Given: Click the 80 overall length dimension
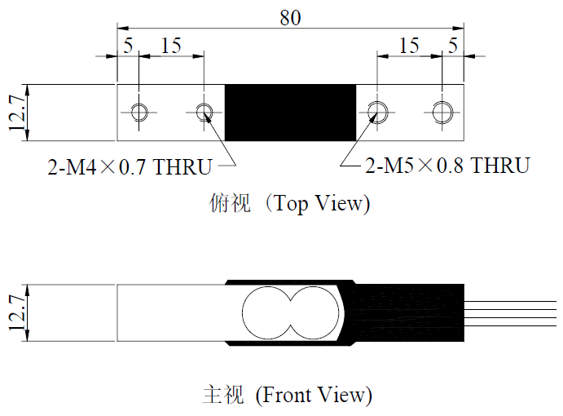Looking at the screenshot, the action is [290, 18].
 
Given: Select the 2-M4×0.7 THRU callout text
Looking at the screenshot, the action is [130, 166].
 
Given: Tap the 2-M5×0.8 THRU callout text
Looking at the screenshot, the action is [447, 166].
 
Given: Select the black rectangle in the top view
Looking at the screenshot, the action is [290, 113].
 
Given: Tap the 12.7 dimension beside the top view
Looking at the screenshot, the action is [17, 113].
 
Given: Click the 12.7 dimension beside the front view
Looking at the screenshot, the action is [17, 312].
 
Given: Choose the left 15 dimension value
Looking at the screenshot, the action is [171, 46].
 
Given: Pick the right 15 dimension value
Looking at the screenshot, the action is [409, 46].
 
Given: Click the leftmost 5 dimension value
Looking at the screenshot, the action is [128, 46].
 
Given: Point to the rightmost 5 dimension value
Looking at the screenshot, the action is [453, 46].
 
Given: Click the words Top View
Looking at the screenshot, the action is [319, 203].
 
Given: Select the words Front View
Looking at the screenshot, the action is [314, 395].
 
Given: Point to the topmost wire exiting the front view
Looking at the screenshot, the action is [510, 301].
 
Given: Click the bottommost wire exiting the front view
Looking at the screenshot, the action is [510, 326].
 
